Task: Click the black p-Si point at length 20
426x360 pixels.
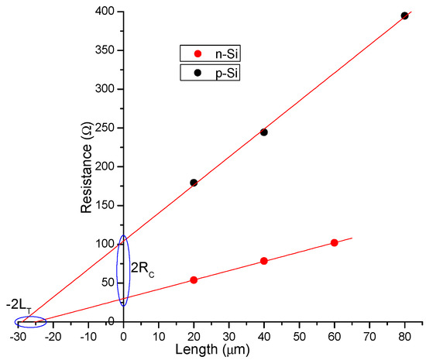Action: tap(194, 183)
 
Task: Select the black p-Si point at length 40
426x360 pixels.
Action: tap(264, 132)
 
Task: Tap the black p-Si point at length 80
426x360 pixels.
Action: tap(404, 15)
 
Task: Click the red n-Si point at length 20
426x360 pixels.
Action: tap(194, 280)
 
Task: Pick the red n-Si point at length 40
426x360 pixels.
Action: tap(264, 261)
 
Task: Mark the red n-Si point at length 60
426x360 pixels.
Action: tap(335, 242)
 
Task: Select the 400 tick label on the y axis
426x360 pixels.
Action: tap(100, 12)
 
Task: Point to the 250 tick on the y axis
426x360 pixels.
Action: tap(100, 128)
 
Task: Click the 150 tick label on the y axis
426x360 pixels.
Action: tap(100, 205)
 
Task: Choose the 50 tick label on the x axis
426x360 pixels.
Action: tap(299, 337)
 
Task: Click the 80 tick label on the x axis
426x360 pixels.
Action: tap(404, 337)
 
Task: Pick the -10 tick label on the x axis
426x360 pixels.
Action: tap(87, 337)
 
